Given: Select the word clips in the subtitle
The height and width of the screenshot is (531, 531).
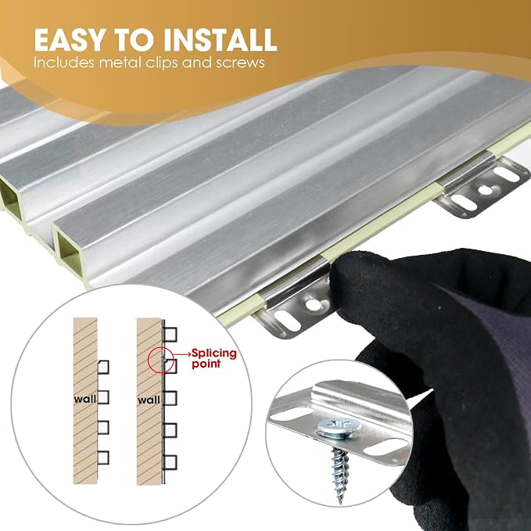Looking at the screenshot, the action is coord(162,63).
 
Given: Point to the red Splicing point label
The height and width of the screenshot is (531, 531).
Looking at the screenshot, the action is coord(214,358).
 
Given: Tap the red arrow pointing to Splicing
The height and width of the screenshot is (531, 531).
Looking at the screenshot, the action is coord(181,354).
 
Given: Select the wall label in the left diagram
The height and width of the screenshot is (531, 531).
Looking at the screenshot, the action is coord(85,400).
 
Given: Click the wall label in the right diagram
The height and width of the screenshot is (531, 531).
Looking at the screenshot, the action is coord(149,400).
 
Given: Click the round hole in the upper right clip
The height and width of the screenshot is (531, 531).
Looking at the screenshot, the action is coord(485,190).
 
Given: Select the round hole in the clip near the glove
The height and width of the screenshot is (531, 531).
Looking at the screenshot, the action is coord(313,304).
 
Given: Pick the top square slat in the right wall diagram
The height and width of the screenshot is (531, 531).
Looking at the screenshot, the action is coord(170,334).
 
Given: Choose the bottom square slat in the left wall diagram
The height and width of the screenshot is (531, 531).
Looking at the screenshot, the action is coord(103,457).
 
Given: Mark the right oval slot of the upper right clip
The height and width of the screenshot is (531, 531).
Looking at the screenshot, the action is coord(506,174).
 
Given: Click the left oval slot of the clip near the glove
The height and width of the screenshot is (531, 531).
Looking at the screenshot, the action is coord(288,321).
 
